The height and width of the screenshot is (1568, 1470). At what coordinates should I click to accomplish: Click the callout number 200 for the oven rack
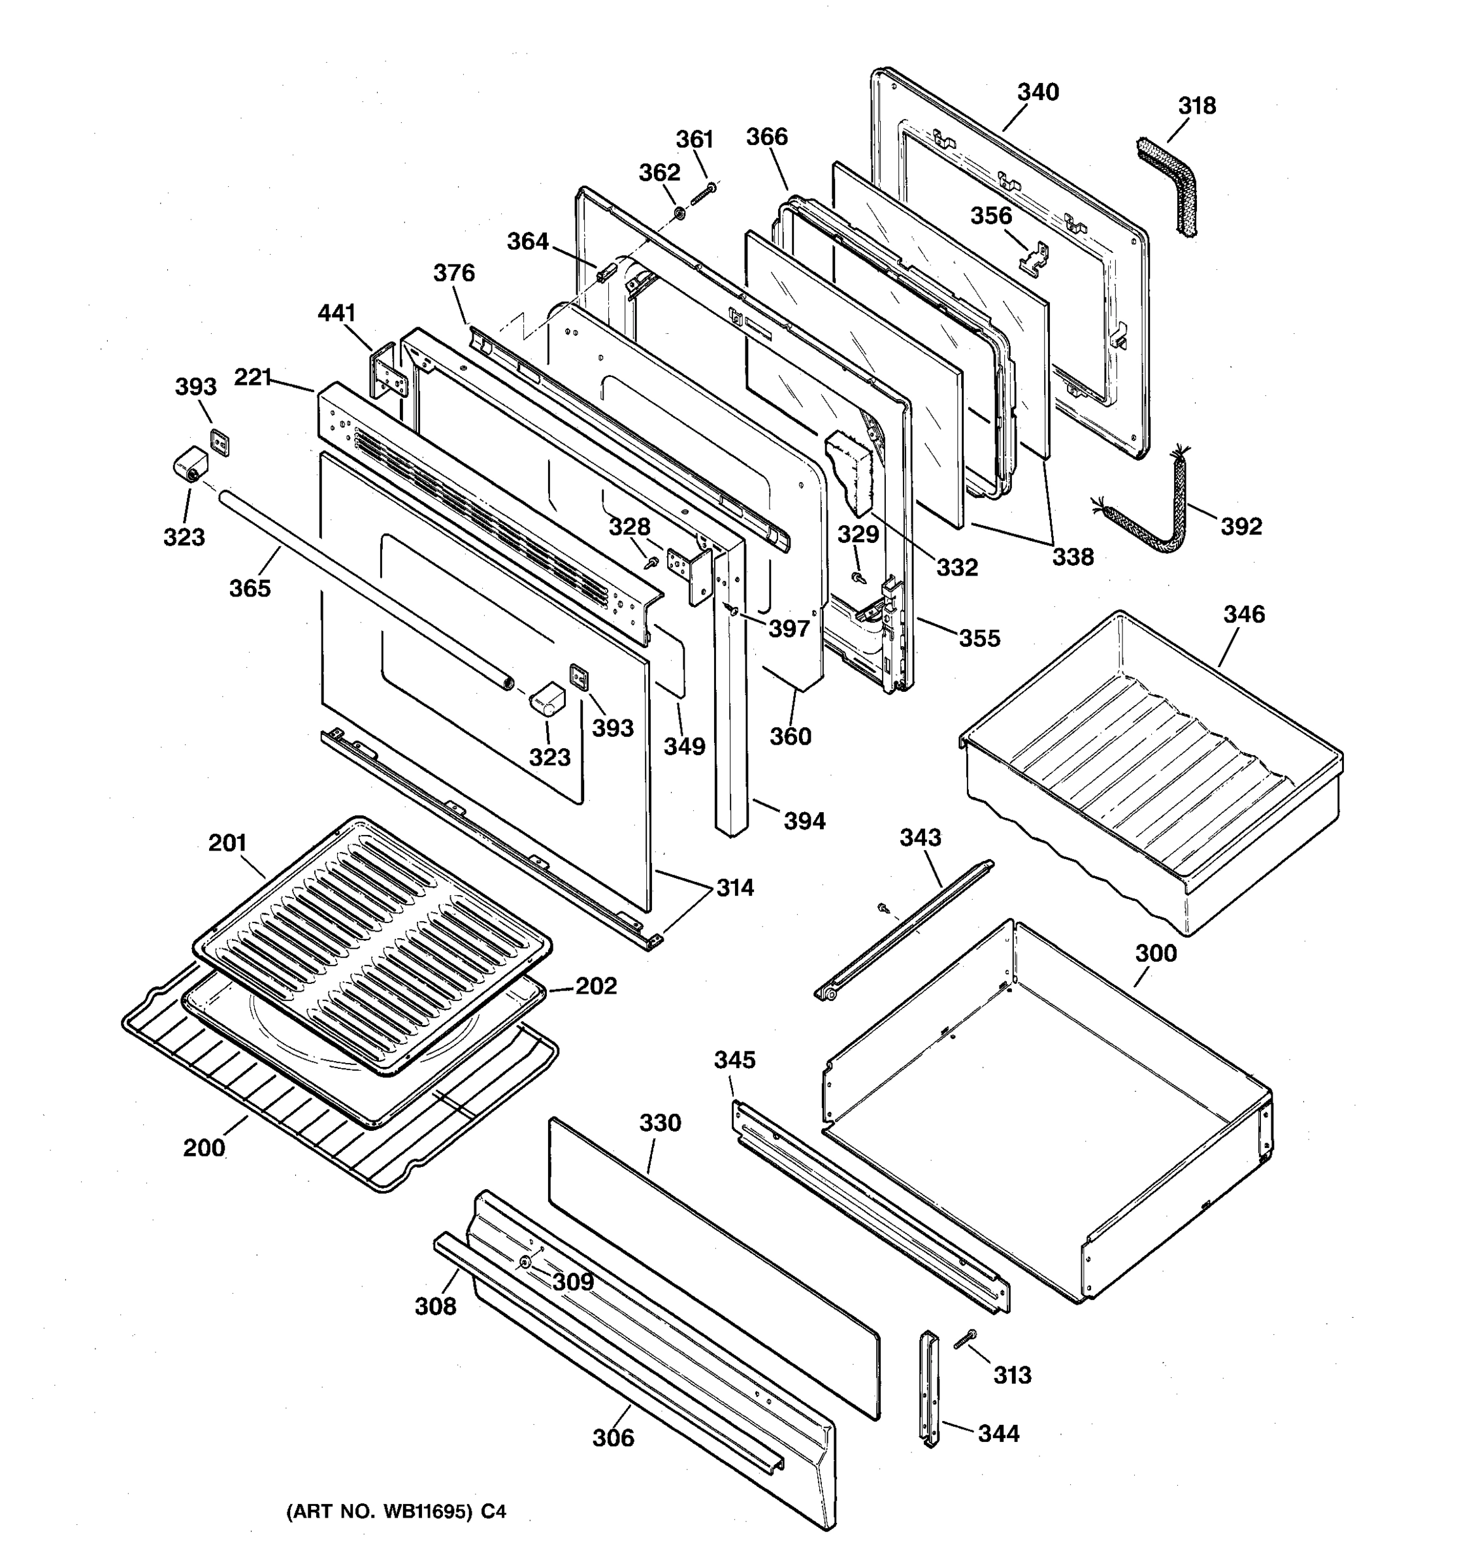(204, 1148)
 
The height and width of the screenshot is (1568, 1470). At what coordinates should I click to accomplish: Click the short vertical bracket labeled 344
(930, 1388)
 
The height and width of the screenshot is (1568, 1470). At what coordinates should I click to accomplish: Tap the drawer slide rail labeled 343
(903, 931)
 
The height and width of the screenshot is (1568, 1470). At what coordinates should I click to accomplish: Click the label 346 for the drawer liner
(1244, 614)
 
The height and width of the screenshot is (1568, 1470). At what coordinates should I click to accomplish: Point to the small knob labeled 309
(525, 1263)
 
